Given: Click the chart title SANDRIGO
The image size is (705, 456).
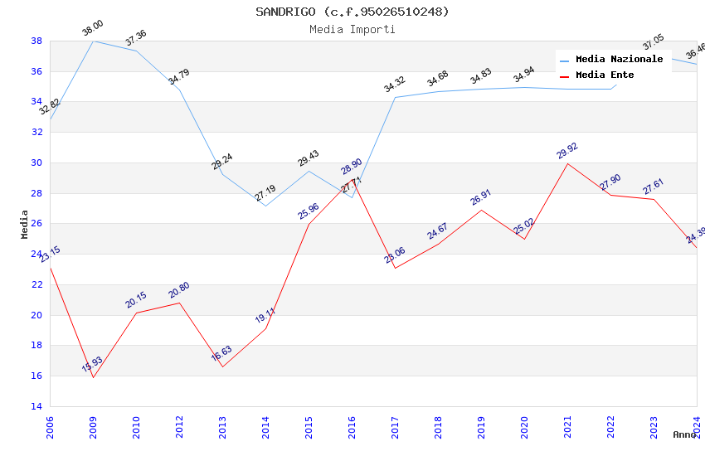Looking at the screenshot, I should click(352, 12).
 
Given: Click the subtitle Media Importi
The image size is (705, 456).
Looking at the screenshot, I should click(352, 30).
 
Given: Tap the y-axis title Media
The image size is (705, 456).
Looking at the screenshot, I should click(25, 224).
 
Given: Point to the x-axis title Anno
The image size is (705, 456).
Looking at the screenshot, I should click(684, 434).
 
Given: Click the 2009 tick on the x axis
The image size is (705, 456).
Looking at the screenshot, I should click(93, 426).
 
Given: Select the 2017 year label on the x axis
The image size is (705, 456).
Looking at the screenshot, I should click(395, 426).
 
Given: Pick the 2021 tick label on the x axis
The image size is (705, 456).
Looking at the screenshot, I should click(567, 426).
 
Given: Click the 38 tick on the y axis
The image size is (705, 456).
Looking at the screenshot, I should click(36, 41).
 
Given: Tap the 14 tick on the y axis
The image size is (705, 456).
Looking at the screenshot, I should click(36, 406).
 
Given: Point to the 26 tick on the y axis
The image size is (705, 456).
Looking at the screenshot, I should click(36, 224).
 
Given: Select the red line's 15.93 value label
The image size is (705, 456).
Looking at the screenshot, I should click(92, 365).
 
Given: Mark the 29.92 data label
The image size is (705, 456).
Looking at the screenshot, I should click(567, 151).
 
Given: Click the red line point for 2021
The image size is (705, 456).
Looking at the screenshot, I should click(567, 163).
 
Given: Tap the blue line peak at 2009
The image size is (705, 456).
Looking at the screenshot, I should click(93, 41).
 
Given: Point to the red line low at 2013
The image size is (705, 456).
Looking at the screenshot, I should click(222, 366).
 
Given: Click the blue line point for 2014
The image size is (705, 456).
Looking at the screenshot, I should click(265, 206).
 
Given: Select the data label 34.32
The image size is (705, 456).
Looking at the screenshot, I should click(394, 84).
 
